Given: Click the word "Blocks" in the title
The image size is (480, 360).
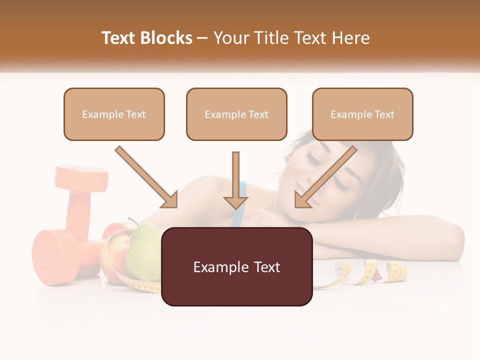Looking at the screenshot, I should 167,38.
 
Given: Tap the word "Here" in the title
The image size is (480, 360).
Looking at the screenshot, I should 351,38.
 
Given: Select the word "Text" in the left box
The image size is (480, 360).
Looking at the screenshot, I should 135,114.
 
